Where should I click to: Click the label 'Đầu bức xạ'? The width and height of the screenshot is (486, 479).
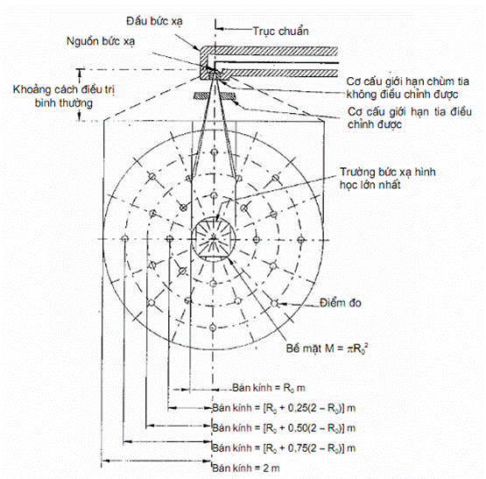[x=154, y=21]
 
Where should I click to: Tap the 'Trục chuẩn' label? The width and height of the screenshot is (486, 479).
[x=281, y=32]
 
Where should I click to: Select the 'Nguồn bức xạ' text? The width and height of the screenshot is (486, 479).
[x=101, y=41]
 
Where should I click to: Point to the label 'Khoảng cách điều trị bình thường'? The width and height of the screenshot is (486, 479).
[x=64, y=96]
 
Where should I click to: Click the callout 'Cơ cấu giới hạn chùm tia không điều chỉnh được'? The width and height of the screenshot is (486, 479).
[x=407, y=88]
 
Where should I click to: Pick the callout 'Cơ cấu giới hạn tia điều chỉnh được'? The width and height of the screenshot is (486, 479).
[x=410, y=118]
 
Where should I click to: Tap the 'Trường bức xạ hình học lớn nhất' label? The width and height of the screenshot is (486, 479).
[x=388, y=179]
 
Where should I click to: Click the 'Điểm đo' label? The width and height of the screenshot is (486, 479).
[x=341, y=303]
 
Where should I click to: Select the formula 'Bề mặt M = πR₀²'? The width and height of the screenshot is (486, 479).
[x=327, y=349]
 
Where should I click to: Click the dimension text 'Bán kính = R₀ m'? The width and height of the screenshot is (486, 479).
[x=269, y=388]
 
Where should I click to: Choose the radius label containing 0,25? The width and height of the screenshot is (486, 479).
[x=284, y=408]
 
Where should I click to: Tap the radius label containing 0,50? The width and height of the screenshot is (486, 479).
[x=284, y=428]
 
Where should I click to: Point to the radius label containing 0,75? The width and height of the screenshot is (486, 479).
[x=284, y=448]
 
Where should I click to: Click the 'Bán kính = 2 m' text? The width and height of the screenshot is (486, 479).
[x=246, y=468]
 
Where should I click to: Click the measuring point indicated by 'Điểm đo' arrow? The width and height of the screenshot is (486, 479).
[x=274, y=303]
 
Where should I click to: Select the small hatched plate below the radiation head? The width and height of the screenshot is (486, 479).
[x=215, y=96]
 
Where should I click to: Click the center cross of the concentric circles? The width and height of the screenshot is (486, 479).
[x=214, y=239]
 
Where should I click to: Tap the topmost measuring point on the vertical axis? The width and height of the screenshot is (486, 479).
[x=214, y=151]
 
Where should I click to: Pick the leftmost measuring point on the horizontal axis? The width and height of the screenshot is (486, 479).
[x=124, y=239]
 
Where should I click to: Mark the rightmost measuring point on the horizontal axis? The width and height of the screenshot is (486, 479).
[x=301, y=239]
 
